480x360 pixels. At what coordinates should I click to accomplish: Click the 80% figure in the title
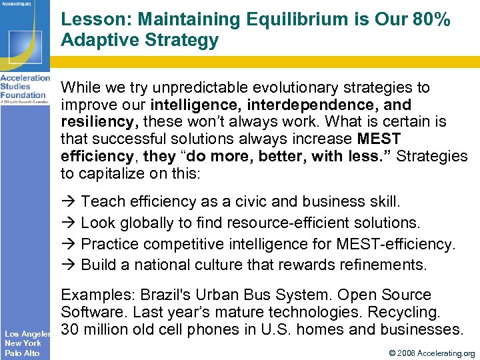tap(432, 20)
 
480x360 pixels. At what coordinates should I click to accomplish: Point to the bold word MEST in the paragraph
tap(379, 139)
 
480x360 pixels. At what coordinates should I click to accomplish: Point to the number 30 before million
tap(70, 329)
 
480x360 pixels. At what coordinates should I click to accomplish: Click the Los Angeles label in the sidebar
tap(26, 333)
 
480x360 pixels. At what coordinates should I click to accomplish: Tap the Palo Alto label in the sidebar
tap(22, 353)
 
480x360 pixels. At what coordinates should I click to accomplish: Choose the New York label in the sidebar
tap(23, 343)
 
